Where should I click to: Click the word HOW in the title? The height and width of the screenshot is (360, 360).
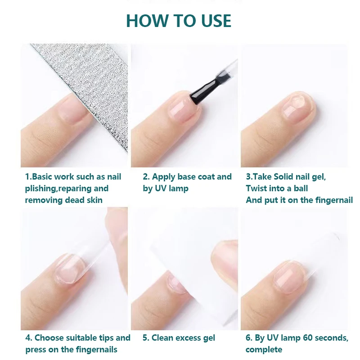click(148, 21)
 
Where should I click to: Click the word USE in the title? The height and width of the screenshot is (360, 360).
click(216, 21)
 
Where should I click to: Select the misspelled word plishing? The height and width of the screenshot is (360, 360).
click(40, 189)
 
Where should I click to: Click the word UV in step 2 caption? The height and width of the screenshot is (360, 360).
click(161, 189)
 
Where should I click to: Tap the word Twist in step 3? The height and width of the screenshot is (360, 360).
click(256, 189)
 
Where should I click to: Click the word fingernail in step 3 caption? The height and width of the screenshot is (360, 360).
click(334, 200)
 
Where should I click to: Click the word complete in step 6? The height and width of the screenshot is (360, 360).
click(264, 350)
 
